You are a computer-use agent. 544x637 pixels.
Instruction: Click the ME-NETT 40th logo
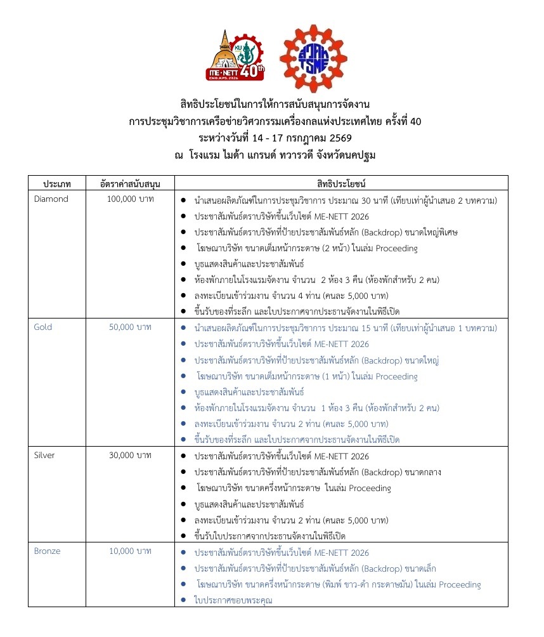[x=234, y=58]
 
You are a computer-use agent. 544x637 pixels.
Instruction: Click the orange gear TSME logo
[x=313, y=58]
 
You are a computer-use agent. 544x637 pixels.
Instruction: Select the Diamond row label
[x=51, y=199]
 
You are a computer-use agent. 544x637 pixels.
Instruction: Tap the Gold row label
[x=43, y=327]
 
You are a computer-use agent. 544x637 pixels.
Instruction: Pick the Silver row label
[x=44, y=456]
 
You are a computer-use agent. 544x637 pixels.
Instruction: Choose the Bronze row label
[x=47, y=551]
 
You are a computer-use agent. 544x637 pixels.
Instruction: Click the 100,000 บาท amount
[x=130, y=199]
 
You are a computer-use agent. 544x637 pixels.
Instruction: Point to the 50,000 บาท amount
[x=130, y=327]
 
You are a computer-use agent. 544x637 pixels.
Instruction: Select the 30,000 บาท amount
[x=130, y=456]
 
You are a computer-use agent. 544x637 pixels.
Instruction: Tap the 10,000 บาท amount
[x=130, y=551]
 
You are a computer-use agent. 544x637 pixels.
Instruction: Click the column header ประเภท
[x=57, y=184]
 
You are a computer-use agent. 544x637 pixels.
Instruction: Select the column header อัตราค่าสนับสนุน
[x=130, y=184]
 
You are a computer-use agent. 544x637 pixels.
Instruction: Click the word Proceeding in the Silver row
[x=368, y=488]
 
